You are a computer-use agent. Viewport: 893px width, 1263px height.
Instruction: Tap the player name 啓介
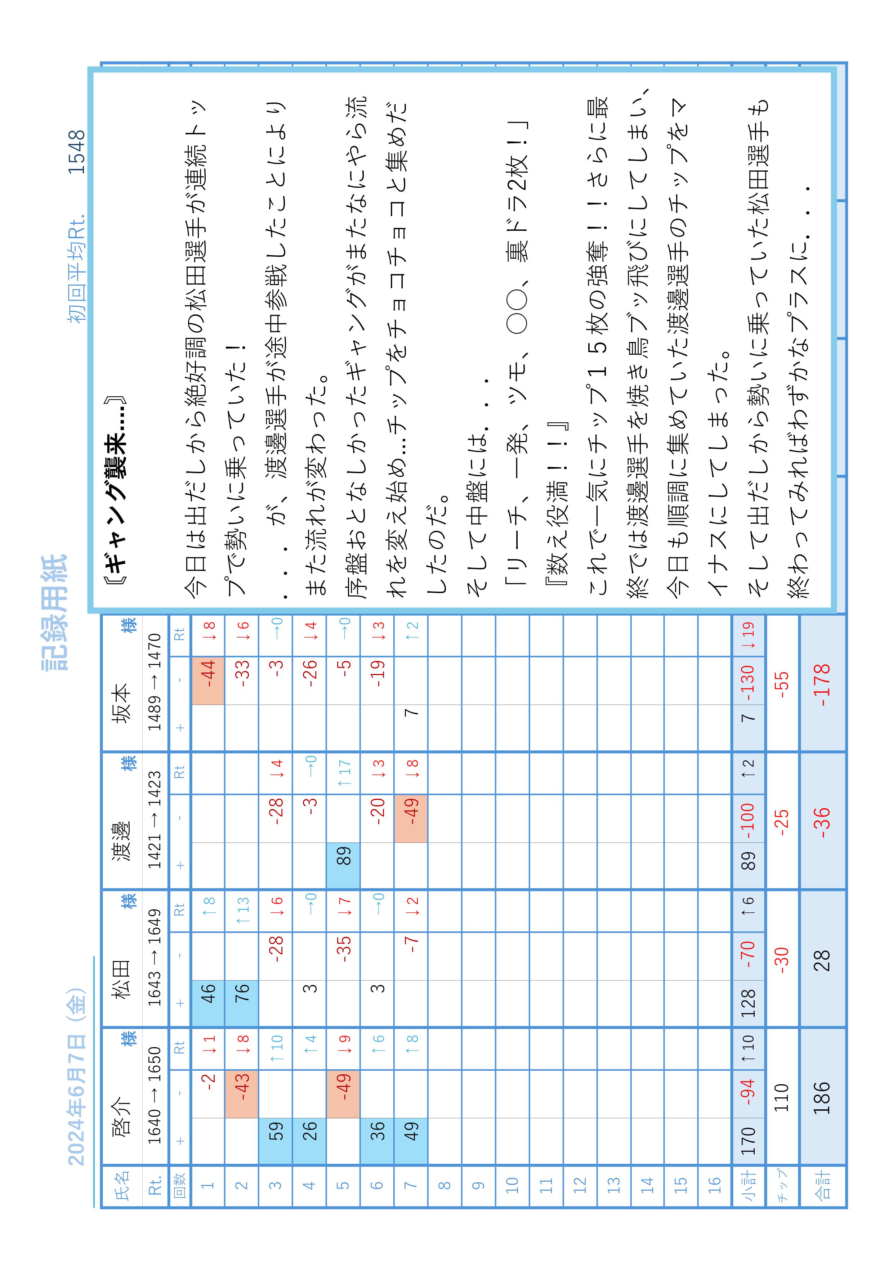(121, 1117)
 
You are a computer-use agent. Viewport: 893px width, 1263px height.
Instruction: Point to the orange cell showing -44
(207, 680)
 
